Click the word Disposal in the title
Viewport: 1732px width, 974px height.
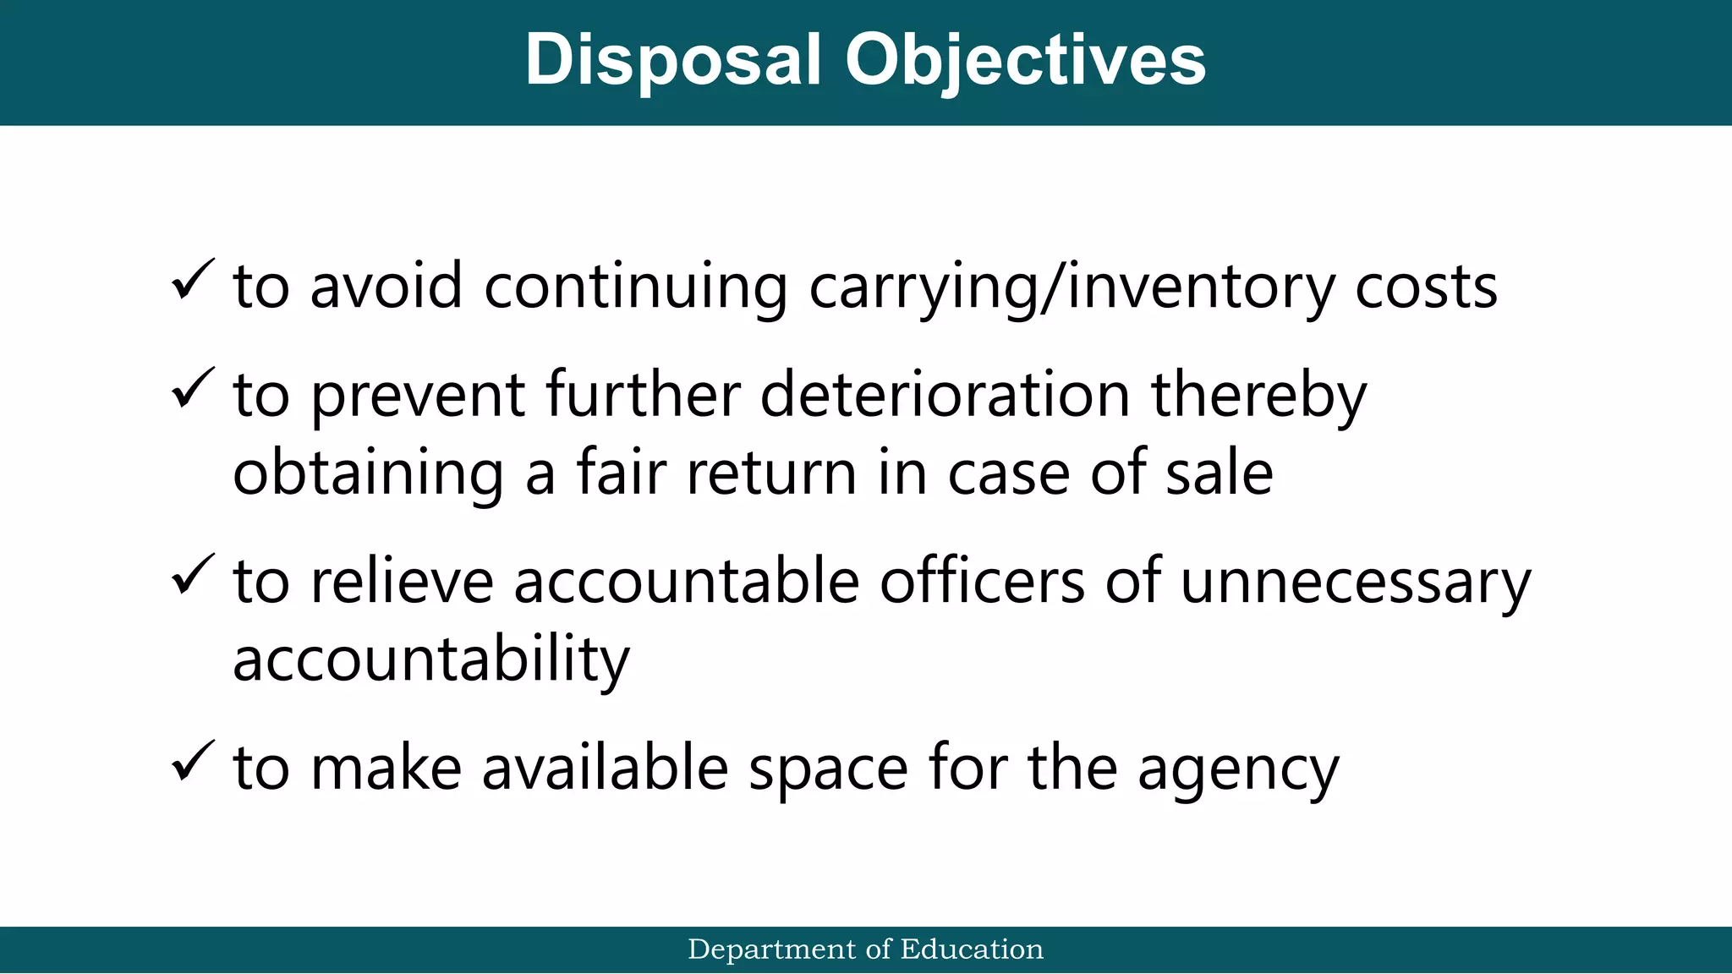(673, 61)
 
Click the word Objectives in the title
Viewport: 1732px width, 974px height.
(1025, 61)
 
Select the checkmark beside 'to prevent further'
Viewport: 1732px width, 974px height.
(193, 388)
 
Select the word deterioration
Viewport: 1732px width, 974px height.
(945, 395)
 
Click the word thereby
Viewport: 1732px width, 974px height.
(1258, 395)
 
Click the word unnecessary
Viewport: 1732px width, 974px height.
(1355, 583)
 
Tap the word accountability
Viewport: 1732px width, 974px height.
(431, 660)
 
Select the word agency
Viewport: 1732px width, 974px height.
(1238, 770)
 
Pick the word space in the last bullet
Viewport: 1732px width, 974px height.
(828, 770)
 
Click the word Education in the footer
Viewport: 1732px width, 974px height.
(972, 949)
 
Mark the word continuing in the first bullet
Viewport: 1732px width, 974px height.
(635, 287)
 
